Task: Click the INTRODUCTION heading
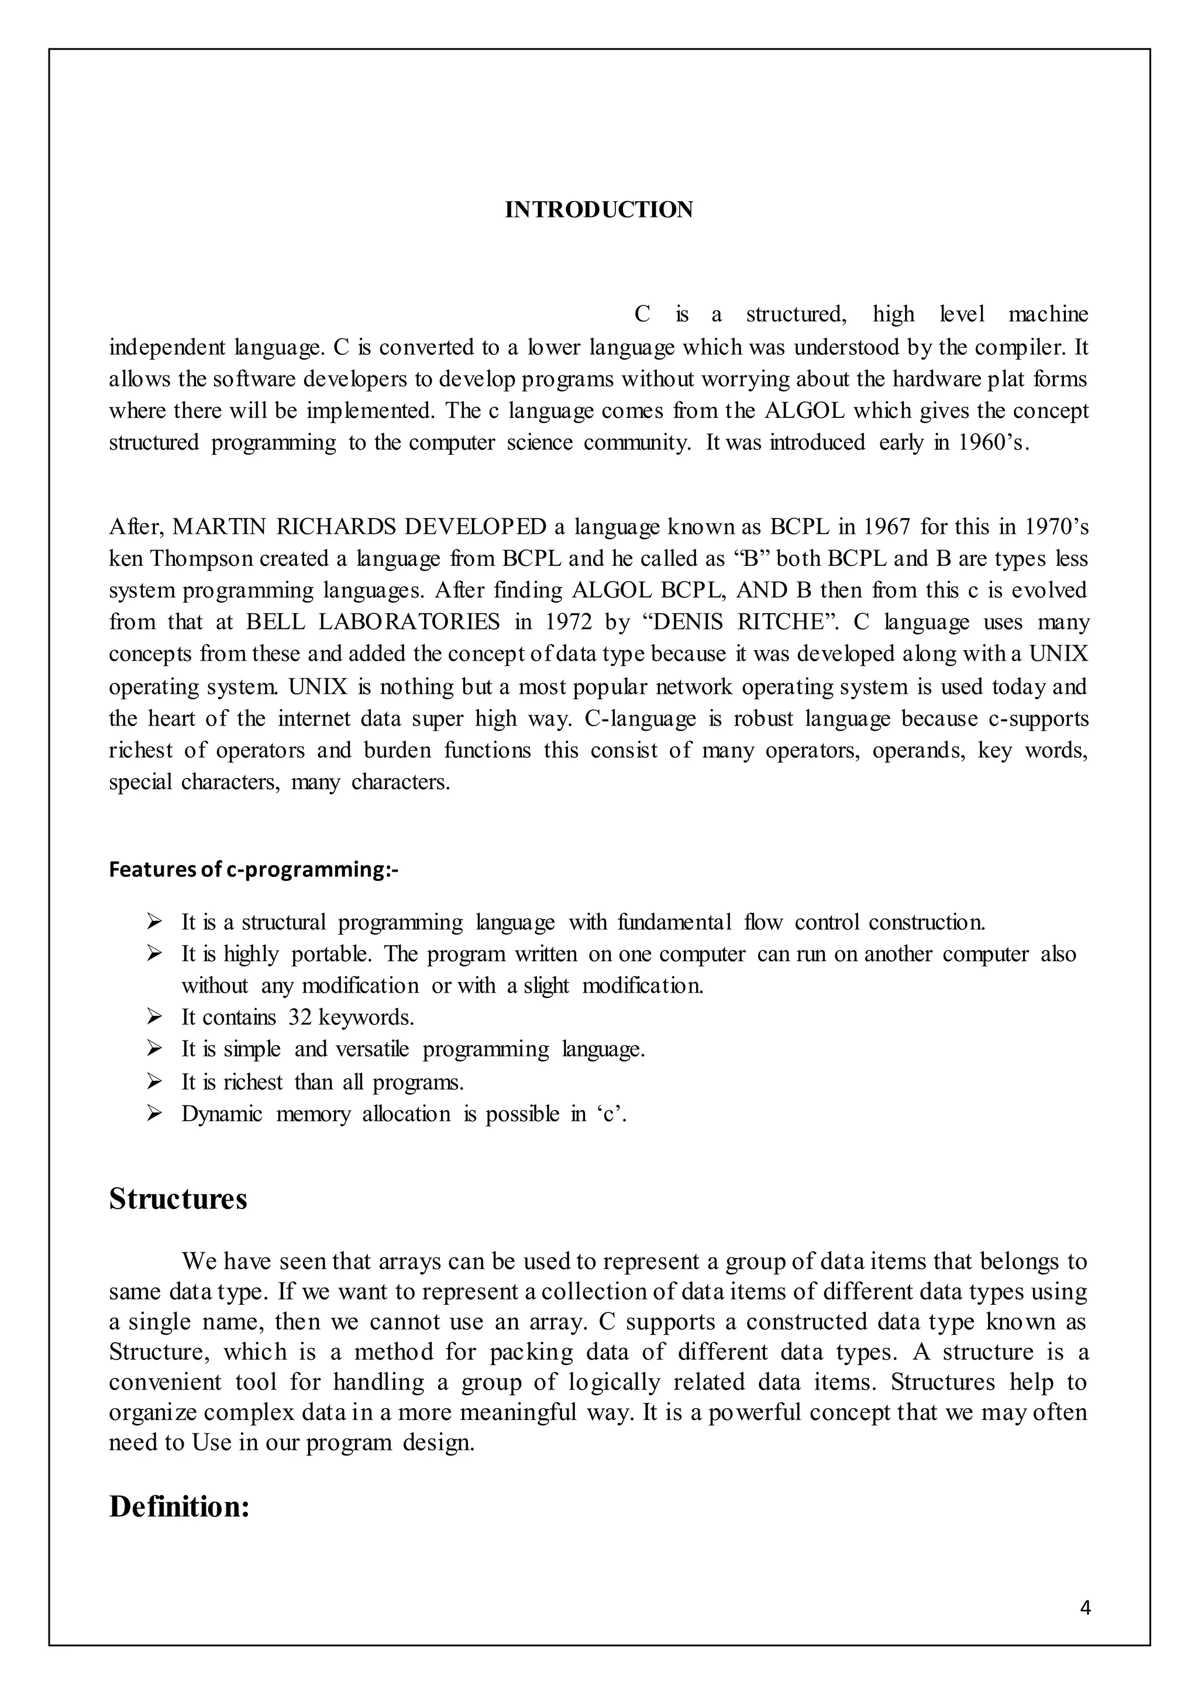pos(598,210)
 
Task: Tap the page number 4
pos(1085,1608)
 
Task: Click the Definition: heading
pos(179,1507)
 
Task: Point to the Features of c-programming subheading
pos(253,870)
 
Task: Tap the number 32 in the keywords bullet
pos(299,1018)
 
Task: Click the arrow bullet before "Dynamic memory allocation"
pos(154,1114)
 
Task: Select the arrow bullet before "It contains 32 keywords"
pos(154,1018)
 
